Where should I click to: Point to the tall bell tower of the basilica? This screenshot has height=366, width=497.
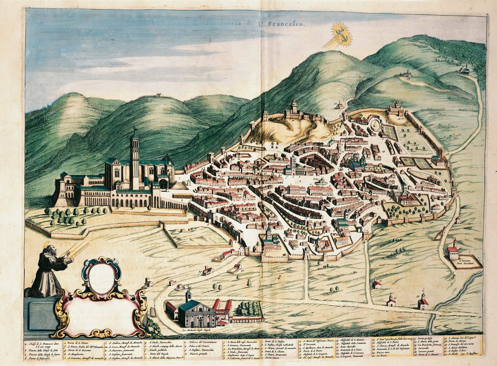135,158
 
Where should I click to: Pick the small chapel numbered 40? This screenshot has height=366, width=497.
391,301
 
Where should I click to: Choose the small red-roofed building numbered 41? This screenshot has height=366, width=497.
377,283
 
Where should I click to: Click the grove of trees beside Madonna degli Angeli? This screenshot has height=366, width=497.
248,308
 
